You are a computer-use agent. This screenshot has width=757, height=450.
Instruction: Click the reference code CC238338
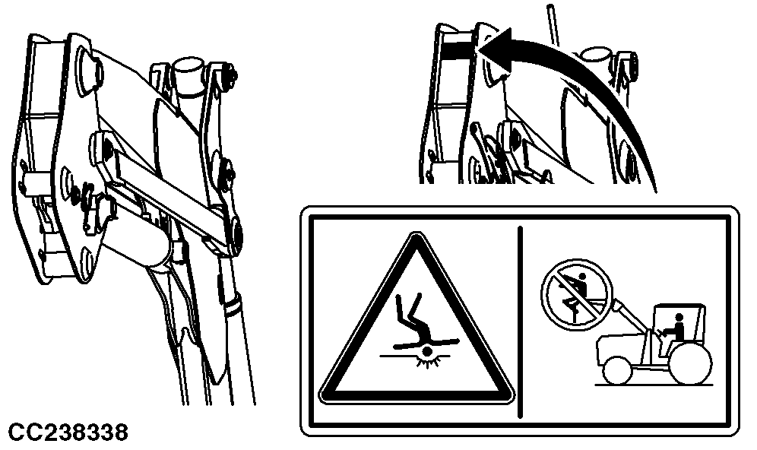point(68,432)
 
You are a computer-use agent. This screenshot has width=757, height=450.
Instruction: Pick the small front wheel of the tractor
point(617,370)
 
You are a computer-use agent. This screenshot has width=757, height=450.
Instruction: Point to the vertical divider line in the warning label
point(520,322)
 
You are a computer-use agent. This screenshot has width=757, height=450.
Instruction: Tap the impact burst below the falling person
point(426,355)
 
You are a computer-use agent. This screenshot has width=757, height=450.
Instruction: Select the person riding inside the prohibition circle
point(575,291)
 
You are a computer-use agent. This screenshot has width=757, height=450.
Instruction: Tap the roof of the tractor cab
point(678,306)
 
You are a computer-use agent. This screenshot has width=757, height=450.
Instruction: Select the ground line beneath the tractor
point(654,385)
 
